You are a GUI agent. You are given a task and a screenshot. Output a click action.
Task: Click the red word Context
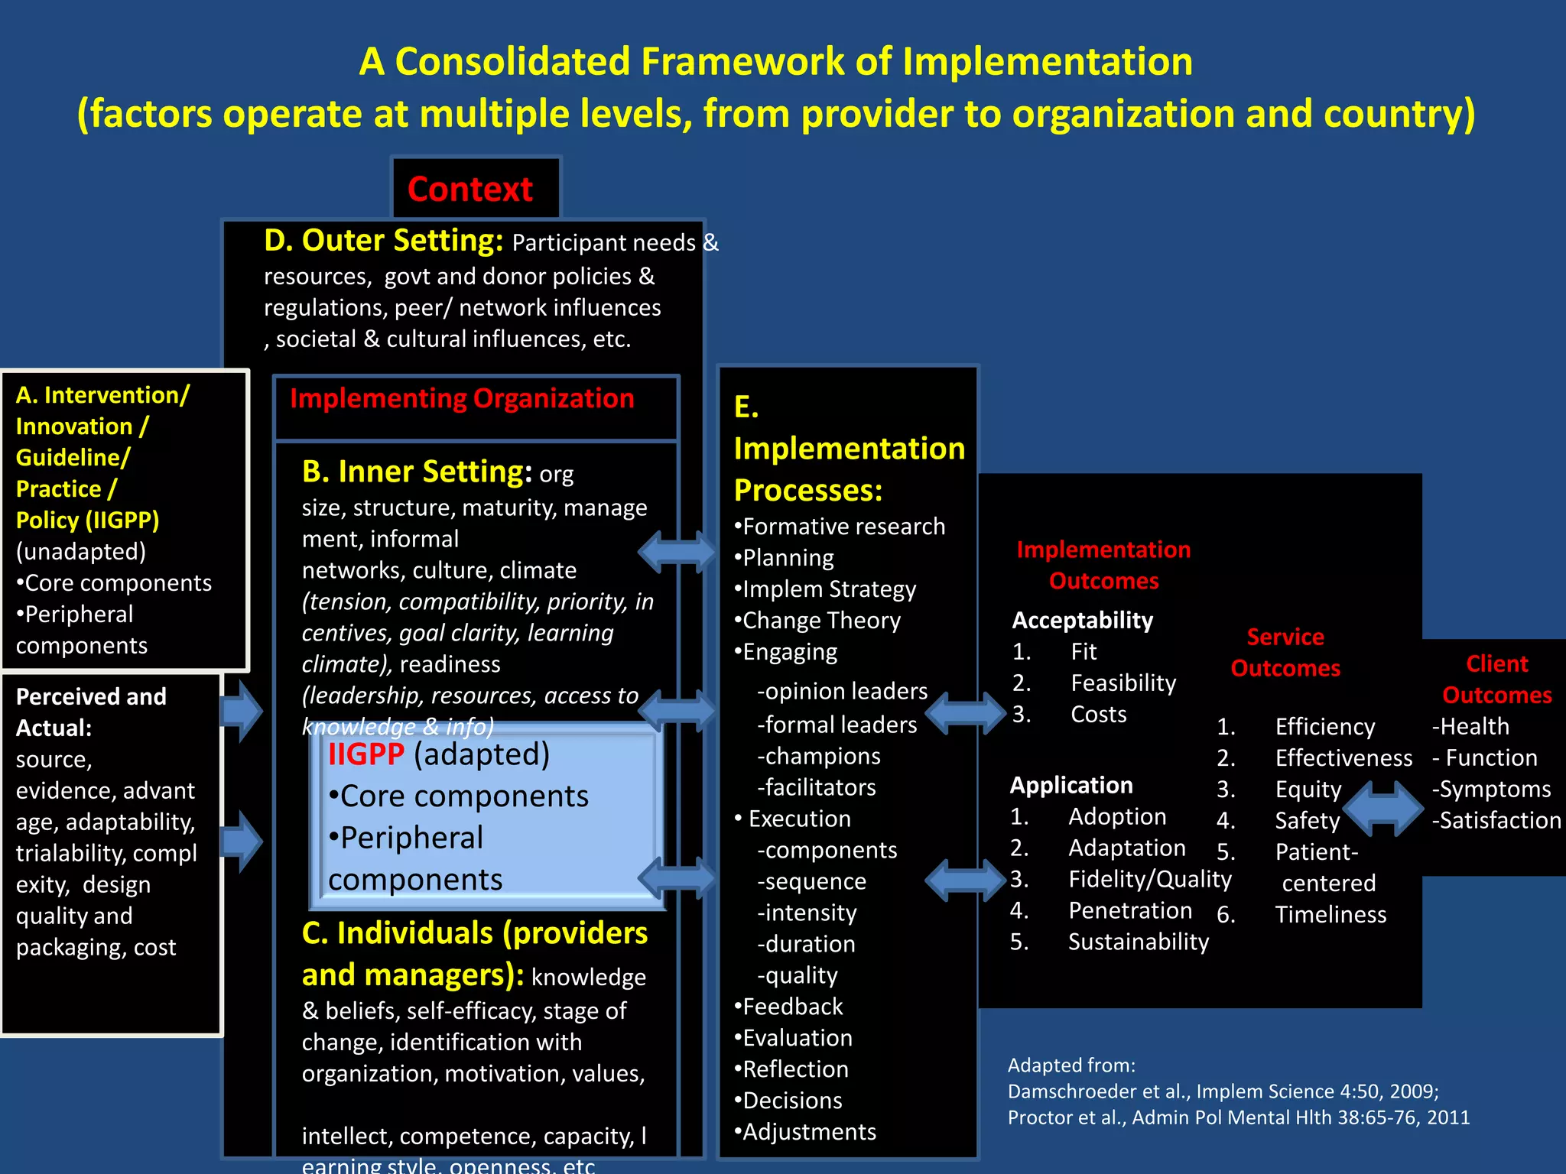click(x=469, y=190)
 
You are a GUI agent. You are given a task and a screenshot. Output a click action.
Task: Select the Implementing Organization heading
click(x=462, y=398)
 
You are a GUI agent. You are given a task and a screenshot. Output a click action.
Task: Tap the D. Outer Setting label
click(x=383, y=241)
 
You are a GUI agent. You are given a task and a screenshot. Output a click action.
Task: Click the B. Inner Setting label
click(x=417, y=472)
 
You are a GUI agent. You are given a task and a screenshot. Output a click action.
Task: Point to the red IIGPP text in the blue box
click(x=366, y=754)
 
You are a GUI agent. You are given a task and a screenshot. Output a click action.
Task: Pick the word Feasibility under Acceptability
click(x=1123, y=683)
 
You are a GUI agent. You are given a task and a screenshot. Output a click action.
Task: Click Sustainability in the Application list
click(x=1138, y=942)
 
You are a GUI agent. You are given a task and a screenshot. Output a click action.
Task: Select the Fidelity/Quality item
click(x=1149, y=879)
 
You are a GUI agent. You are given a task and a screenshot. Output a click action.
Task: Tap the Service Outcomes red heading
click(x=1285, y=652)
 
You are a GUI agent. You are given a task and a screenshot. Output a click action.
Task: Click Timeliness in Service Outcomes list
click(x=1330, y=914)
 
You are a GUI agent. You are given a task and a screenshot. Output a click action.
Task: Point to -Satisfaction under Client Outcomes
click(x=1496, y=820)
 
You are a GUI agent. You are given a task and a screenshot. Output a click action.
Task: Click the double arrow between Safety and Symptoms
click(x=1382, y=808)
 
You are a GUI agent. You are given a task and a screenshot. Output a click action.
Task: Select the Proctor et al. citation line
click(x=1238, y=1117)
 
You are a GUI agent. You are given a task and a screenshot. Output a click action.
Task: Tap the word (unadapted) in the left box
click(x=81, y=551)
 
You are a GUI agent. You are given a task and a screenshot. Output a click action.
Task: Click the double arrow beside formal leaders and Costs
click(x=966, y=713)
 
